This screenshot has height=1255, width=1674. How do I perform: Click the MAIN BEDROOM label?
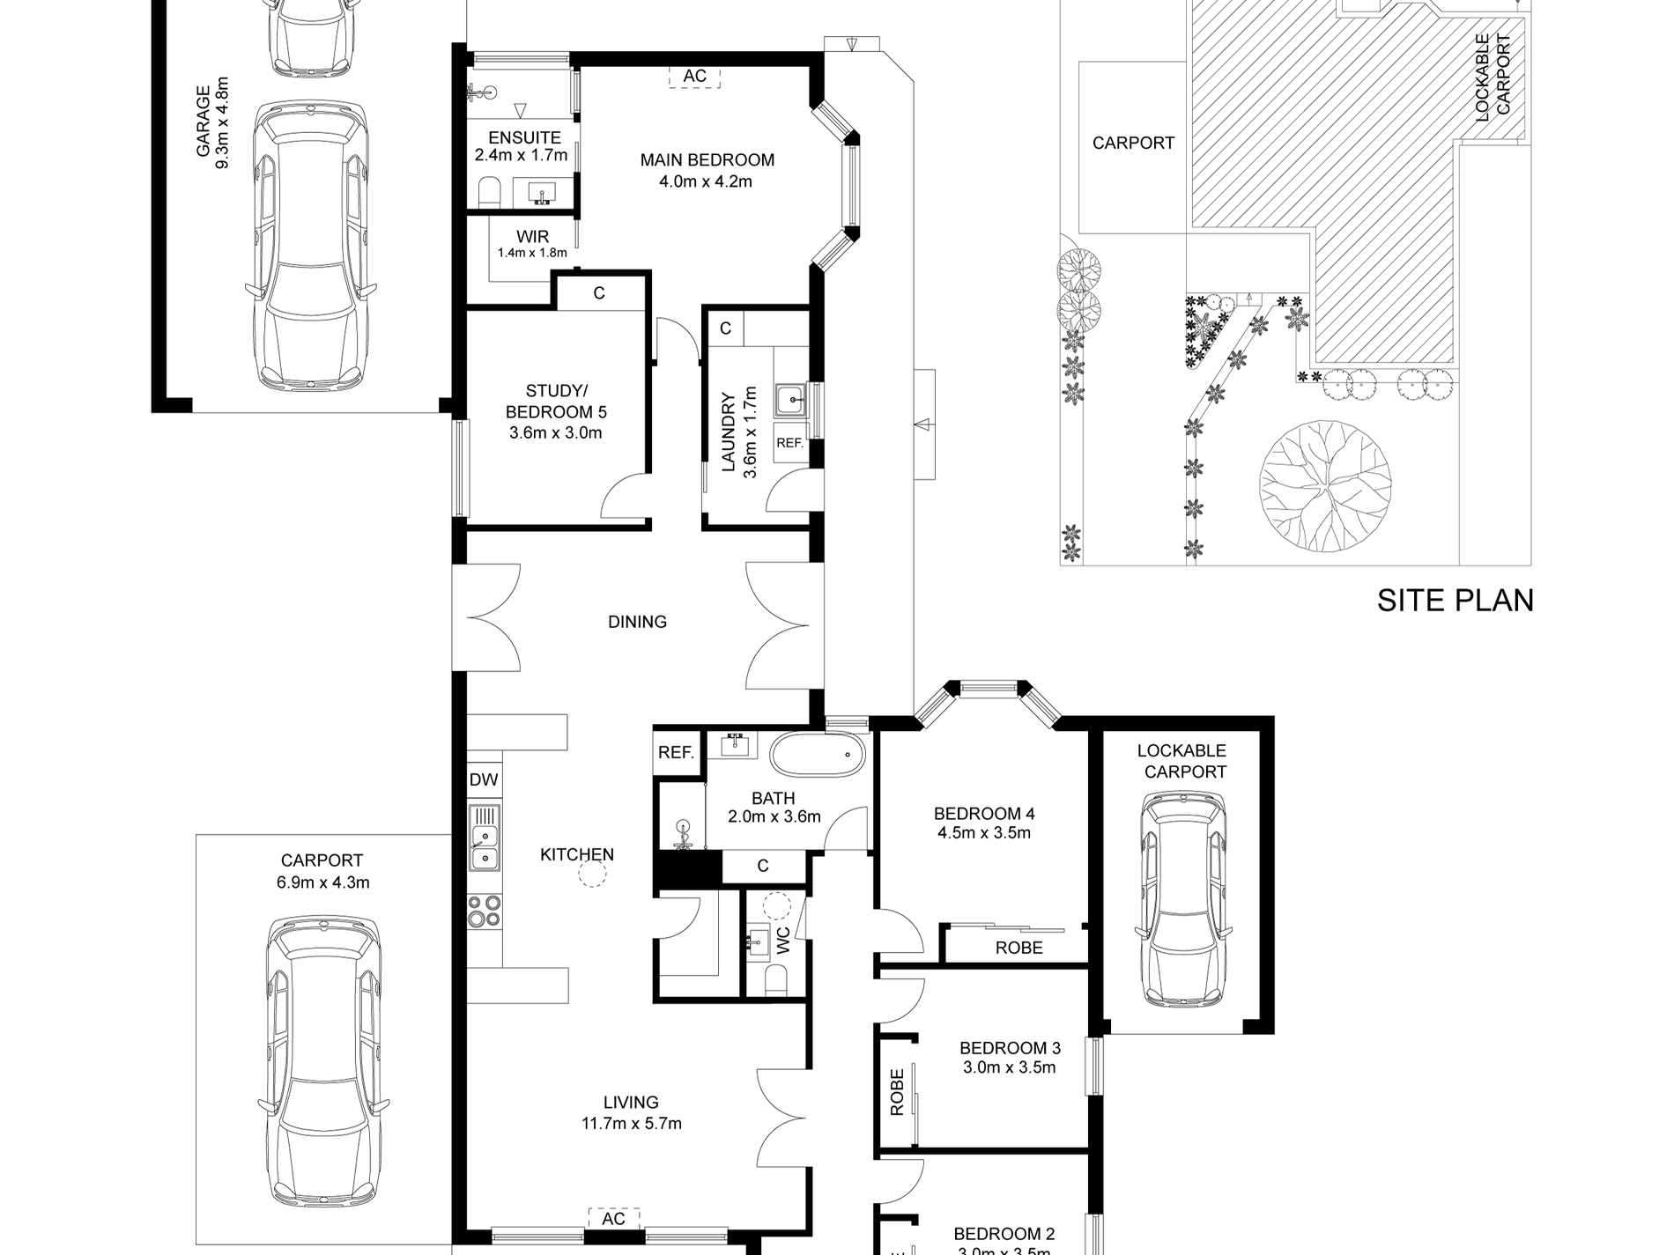point(707,160)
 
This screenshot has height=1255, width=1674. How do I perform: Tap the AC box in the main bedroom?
point(694,77)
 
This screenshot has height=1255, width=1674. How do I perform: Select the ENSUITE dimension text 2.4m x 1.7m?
point(521,155)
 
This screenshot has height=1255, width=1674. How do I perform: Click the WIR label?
point(532,237)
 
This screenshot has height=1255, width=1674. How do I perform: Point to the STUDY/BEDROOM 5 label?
point(555,401)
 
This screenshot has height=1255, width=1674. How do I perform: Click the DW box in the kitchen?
point(484,779)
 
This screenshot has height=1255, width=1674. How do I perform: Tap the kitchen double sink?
point(484,845)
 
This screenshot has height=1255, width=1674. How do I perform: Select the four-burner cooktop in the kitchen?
point(484,910)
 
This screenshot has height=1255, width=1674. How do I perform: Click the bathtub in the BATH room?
point(818,755)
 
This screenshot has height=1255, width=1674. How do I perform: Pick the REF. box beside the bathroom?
point(677,753)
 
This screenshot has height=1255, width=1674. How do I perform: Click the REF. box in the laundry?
point(790,444)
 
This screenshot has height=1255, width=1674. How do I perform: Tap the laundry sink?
point(790,401)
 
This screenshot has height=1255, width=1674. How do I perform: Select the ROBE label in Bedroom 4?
point(1018,948)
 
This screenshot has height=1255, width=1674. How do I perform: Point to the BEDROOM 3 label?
point(1010,1048)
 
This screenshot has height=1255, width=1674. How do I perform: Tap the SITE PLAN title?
point(1455,601)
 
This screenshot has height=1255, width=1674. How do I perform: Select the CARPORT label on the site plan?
point(1133,143)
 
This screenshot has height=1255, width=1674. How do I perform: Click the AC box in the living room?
point(613,1218)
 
